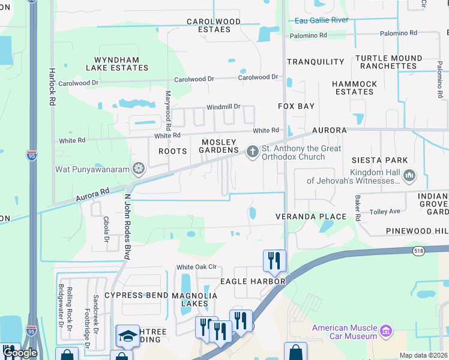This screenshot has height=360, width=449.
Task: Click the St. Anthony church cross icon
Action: [253, 151]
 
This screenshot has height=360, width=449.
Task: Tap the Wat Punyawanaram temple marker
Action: [139, 169]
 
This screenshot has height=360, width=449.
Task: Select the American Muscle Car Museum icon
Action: [387, 330]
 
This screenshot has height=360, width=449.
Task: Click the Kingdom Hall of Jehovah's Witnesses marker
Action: [410, 176]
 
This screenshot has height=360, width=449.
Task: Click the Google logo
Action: [19, 353]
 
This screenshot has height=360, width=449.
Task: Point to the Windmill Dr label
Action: [223, 107]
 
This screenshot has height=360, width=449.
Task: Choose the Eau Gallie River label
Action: [322, 20]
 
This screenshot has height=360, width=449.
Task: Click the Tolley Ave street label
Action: [385, 211]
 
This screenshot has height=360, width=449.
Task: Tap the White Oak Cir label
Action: [196, 267]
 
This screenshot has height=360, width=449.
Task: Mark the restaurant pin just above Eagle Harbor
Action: [274, 260]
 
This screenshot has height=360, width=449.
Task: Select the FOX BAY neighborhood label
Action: [296, 106]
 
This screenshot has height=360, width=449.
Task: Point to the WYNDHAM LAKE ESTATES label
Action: [121, 64]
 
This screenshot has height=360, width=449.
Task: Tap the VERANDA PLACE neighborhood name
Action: [310, 217]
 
